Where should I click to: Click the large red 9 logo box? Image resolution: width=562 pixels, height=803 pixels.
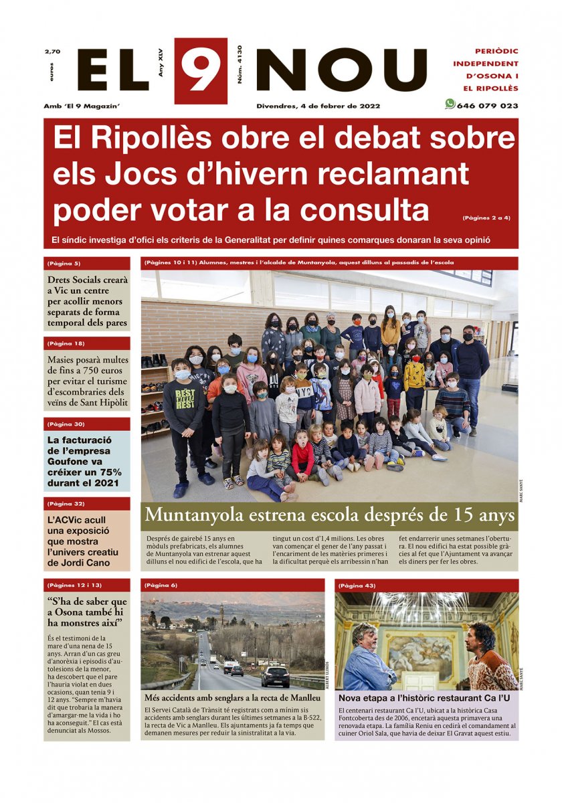pyautogui.click(x=201, y=71)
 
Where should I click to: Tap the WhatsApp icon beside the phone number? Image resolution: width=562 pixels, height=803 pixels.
pyautogui.click(x=450, y=104)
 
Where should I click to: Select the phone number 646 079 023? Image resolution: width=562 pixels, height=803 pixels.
pyautogui.click(x=487, y=106)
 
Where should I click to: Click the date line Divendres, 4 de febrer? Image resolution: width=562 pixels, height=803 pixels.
pyautogui.click(x=318, y=106)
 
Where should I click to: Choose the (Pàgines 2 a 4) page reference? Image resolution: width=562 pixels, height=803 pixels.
pyautogui.click(x=486, y=217)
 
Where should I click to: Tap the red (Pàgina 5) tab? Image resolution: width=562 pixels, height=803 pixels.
pyautogui.click(x=64, y=263)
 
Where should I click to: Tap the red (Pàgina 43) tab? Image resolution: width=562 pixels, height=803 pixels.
pyautogui.click(x=358, y=586)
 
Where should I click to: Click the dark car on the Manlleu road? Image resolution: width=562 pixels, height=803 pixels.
pyautogui.click(x=275, y=677)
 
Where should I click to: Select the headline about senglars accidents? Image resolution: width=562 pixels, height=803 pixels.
pyautogui.click(x=232, y=697)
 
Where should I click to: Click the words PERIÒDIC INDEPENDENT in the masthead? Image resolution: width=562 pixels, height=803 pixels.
pyautogui.click(x=496, y=58)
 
